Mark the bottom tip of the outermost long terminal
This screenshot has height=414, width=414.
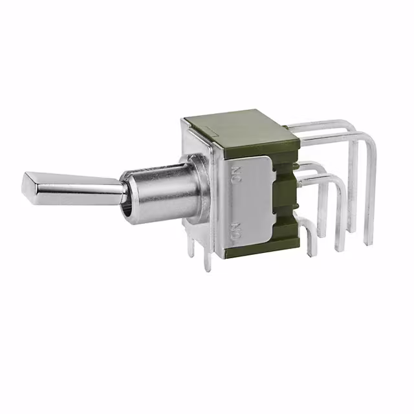point(368,243)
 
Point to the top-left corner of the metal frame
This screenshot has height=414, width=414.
point(185,120)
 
